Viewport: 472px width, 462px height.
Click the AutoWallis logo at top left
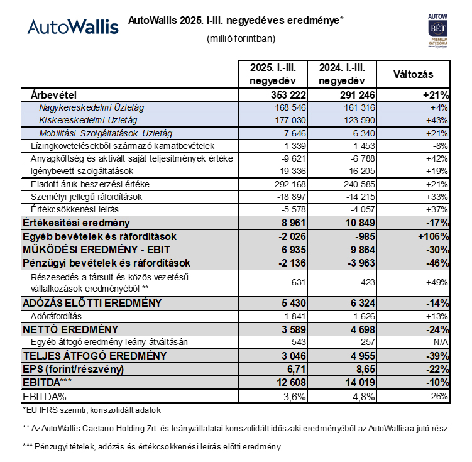tap(73, 26)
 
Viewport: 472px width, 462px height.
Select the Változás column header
tap(413, 74)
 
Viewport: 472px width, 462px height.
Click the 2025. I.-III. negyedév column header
tap(272, 74)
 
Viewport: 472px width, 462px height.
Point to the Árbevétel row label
tap(53, 96)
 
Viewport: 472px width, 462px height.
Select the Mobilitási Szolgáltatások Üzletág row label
tap(106, 133)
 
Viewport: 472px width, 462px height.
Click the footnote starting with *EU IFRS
tap(92, 410)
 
